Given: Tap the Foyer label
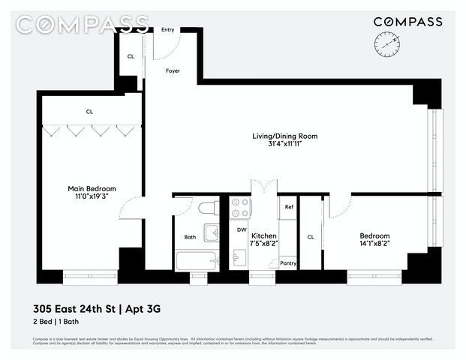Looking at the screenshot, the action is tap(173, 71).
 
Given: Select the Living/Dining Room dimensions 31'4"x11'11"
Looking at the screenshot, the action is tap(284, 145).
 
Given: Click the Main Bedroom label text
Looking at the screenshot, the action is tap(92, 189).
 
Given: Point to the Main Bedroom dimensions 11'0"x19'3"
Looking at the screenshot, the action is tap(92, 197).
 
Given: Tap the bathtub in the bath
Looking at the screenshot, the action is tap(196, 261).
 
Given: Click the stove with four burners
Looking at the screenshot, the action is tap(241, 206).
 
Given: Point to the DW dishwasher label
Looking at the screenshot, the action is tap(242, 229).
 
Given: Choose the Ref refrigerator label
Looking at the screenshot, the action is tap(289, 207).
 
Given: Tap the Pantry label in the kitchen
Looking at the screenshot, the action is tap(288, 263).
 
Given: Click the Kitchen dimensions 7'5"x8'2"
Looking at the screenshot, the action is tap(263, 244).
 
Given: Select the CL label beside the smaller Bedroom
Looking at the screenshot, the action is tap(311, 238).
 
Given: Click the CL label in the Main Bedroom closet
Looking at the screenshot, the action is tap(89, 112).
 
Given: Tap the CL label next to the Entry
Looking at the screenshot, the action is tap(131, 56).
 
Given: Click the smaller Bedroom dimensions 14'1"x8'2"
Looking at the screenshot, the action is tap(374, 244).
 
